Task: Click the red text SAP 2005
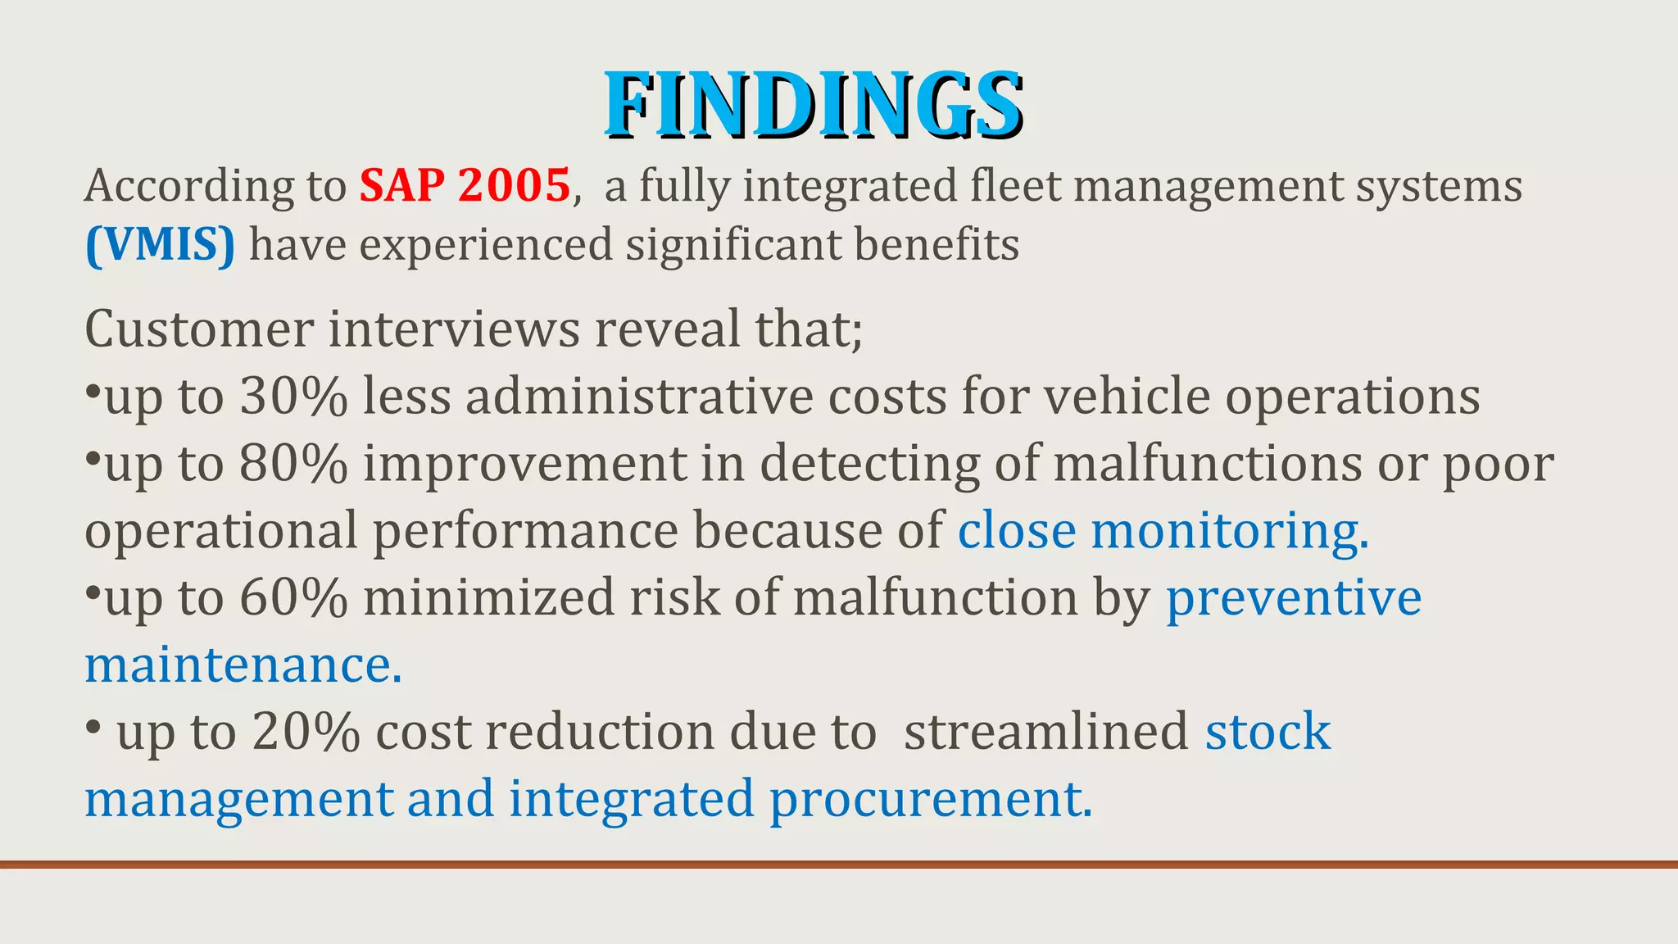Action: [x=465, y=185]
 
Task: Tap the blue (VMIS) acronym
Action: [x=160, y=245]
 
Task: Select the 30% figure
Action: [x=293, y=397]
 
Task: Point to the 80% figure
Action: [x=293, y=464]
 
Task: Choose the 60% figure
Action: [x=293, y=597]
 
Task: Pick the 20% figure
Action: [x=306, y=732]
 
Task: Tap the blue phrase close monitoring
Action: [x=1162, y=531]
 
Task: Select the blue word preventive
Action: [x=1294, y=597]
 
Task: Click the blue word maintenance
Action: [x=243, y=665]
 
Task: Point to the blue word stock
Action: [x=1268, y=732]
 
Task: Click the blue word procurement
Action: [x=930, y=799]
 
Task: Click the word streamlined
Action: [x=1045, y=732]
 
